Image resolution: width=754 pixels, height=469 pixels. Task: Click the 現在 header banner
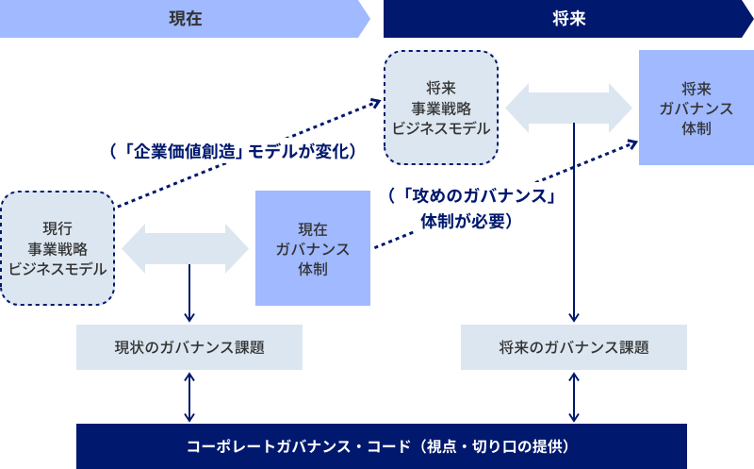(185, 19)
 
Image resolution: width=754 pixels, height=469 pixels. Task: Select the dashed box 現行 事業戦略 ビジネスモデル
(57, 248)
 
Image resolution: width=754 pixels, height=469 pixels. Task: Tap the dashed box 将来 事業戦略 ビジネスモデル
(440, 107)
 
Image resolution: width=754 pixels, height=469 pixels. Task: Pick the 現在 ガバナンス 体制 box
(313, 248)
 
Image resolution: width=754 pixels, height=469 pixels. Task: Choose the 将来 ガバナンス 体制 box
(696, 107)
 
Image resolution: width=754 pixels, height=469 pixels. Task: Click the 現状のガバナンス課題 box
(189, 347)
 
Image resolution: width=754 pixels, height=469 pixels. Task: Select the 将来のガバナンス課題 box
(573, 347)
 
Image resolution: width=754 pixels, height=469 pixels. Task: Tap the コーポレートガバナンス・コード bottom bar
(381, 445)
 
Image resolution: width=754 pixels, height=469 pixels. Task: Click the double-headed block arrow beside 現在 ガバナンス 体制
(185, 248)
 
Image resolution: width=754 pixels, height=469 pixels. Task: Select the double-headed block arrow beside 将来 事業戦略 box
(568, 107)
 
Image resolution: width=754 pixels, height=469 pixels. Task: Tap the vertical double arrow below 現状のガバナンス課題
(189, 396)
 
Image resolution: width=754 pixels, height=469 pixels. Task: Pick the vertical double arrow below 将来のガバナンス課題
(573, 396)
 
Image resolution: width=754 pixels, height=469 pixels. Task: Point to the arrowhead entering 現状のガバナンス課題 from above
(189, 319)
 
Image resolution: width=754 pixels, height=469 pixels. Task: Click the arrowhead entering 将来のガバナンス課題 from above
(573, 319)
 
